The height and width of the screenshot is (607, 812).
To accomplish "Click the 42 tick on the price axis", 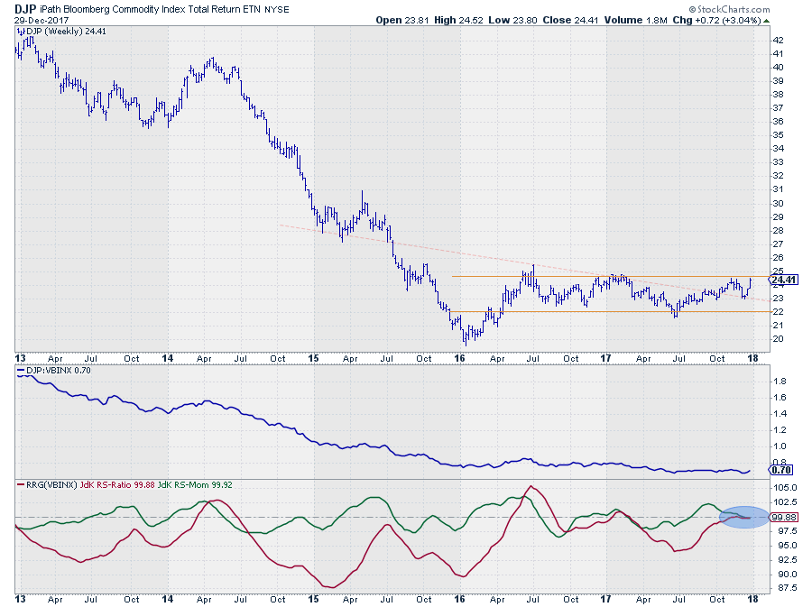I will pyautogui.click(x=777, y=40).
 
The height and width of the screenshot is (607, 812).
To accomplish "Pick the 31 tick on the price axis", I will pyautogui.click(x=777, y=189).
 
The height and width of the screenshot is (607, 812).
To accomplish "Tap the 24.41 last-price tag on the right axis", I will pyautogui.click(x=785, y=280).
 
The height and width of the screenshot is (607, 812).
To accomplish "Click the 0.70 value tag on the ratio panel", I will pyautogui.click(x=784, y=470).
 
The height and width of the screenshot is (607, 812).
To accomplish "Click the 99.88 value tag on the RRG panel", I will pyautogui.click(x=785, y=517).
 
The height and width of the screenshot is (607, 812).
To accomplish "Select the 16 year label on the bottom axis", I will pyautogui.click(x=460, y=598).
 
